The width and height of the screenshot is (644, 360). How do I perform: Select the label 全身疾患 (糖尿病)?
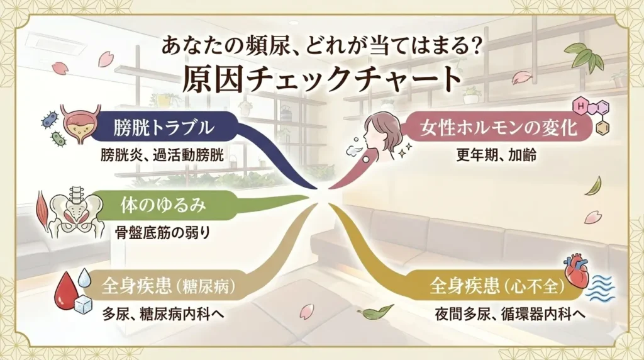pyautogui.click(x=169, y=288)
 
